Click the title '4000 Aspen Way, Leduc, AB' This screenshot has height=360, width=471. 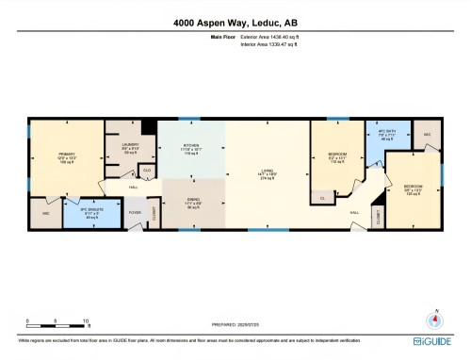235,22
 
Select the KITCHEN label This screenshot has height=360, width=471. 191,147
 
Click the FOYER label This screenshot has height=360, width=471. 135,212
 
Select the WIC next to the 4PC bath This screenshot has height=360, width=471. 427,135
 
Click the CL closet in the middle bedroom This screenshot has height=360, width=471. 322,198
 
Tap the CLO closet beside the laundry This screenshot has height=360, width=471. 146,171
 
